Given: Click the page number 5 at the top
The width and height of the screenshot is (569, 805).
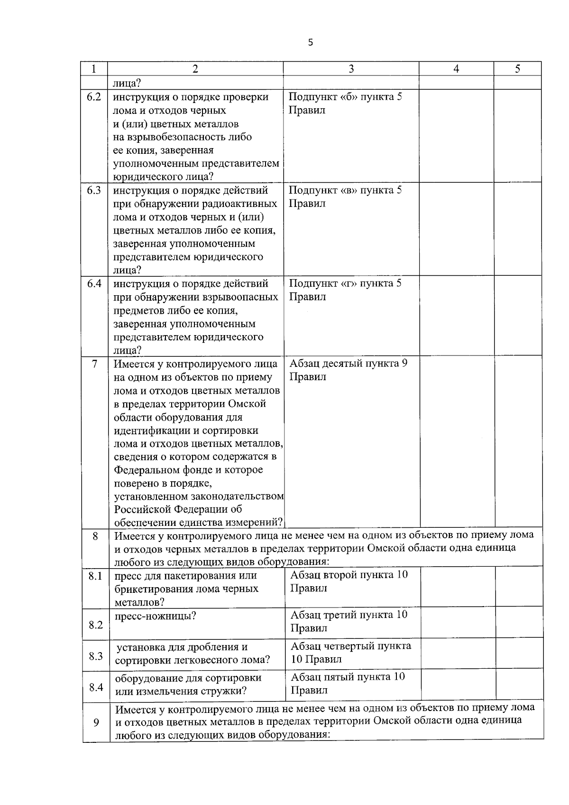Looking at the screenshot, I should pos(311,43).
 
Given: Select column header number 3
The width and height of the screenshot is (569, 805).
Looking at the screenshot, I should pos(351,69).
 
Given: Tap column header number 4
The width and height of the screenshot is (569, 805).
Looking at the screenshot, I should pos(456,69).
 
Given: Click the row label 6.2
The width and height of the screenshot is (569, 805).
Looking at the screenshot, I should pos(94,97).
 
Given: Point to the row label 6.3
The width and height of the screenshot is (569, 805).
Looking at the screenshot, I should pos(94,190).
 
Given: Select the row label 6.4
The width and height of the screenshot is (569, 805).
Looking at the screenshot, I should pos(94,284).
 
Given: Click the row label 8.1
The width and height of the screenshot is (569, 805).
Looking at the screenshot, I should pos(95,576).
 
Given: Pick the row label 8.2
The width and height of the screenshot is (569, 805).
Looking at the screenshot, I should pos(96,625).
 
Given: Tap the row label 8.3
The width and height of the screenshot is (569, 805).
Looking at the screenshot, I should pos(96,656).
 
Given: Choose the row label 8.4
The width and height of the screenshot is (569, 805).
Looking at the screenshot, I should pos(96,687).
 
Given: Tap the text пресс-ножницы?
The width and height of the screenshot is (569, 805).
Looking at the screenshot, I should pos(156,616).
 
